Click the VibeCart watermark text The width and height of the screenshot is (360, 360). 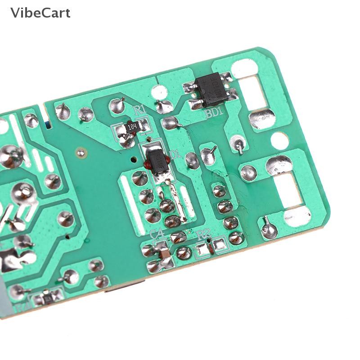[x=40, y=13]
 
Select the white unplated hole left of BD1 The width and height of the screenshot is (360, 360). [x=157, y=92]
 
